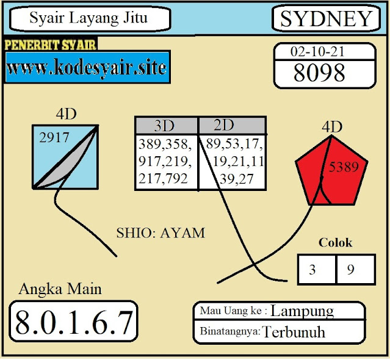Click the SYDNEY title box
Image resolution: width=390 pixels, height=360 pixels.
pos(326,19)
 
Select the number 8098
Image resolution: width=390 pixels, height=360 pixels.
pos(319,73)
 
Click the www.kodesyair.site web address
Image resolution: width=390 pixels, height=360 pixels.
pos(86,67)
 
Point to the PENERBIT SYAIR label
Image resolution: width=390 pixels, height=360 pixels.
pos(50,45)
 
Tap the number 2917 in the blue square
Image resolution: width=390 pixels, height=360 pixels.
pos(54,139)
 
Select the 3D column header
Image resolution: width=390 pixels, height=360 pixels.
pos(165,126)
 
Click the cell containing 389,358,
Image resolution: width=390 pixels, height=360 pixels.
pos(164,145)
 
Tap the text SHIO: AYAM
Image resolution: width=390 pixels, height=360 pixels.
pos(161,232)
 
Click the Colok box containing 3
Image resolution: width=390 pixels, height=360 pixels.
pos(312,270)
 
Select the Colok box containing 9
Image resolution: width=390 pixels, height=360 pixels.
pos(350,270)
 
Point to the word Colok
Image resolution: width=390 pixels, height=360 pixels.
pos(336,242)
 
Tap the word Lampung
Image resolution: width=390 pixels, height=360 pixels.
pos(302,311)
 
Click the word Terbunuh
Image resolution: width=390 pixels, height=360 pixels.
pos(294,332)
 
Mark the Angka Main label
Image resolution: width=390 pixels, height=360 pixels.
pos(60,289)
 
